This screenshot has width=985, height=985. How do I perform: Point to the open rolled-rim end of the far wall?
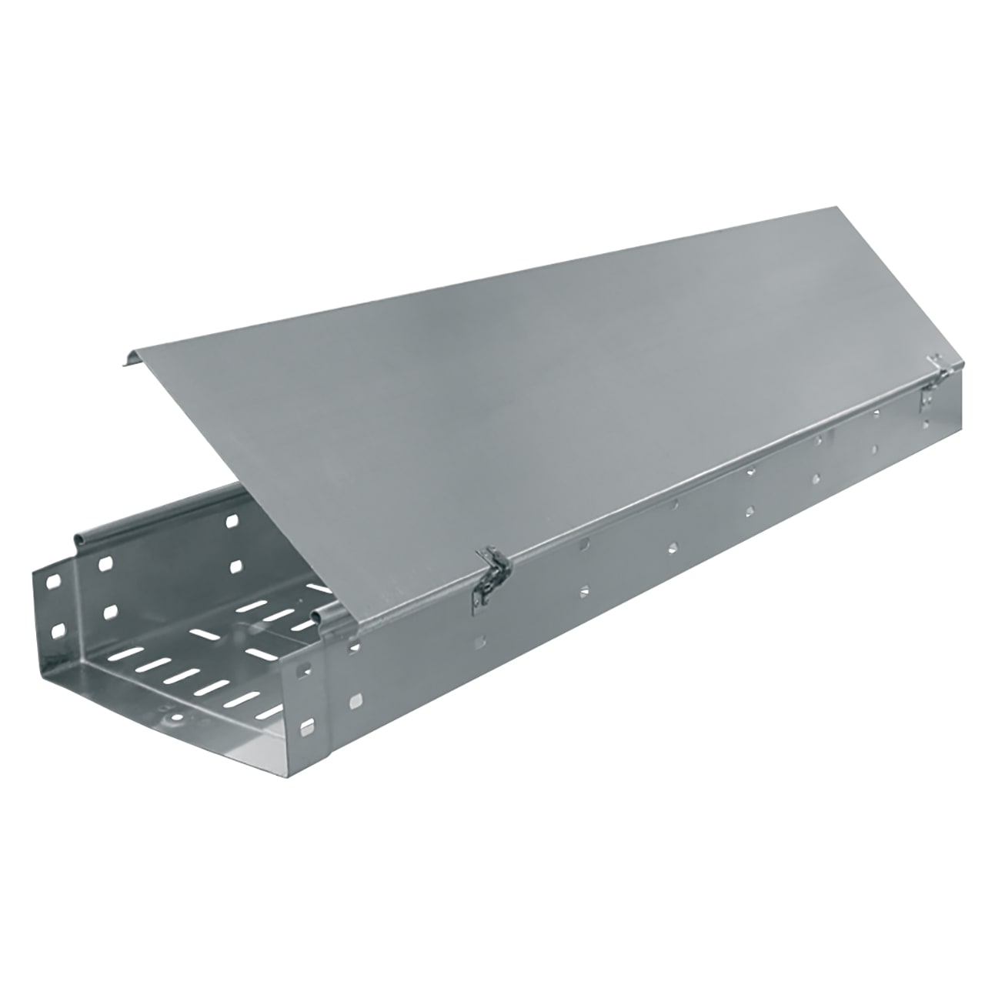[x=80, y=536]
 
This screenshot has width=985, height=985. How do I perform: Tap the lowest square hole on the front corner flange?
[x=309, y=726]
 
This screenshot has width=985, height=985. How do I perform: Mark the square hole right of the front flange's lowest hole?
[x=356, y=701]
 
